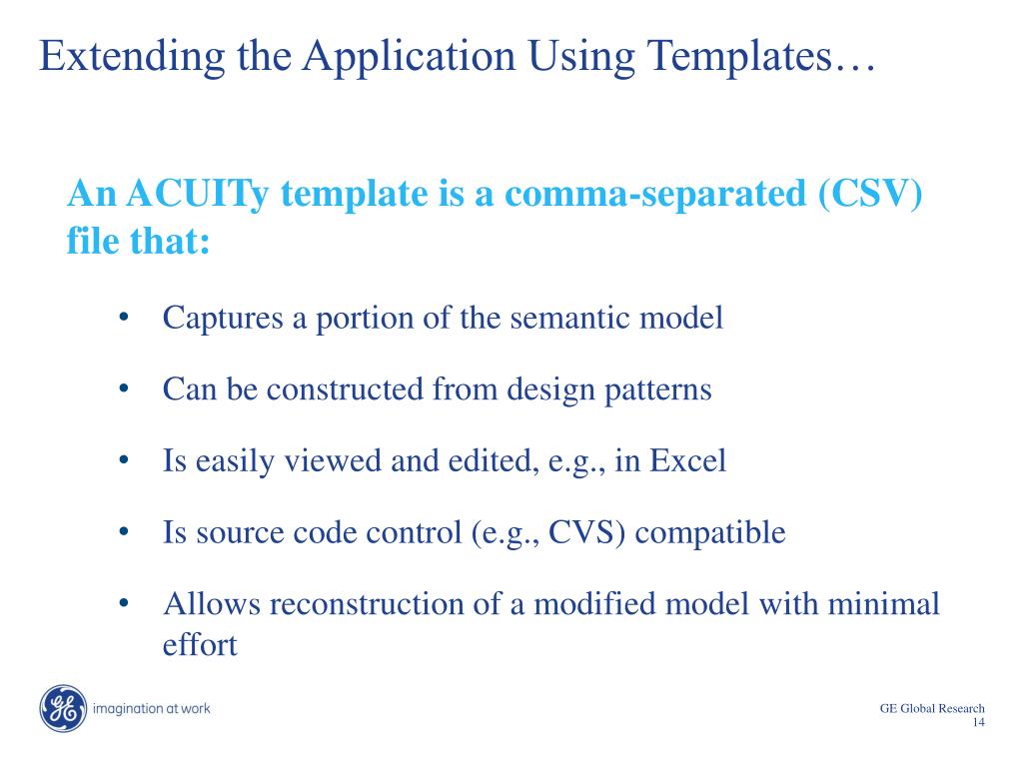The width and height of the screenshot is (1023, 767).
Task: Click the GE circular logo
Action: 64,709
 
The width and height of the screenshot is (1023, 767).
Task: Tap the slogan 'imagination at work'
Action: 151,709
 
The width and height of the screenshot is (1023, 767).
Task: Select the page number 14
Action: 978,723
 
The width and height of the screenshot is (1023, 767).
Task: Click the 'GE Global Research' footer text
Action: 932,708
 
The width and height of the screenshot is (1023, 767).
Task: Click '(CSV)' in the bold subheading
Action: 868,194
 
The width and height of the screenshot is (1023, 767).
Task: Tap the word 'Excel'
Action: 688,461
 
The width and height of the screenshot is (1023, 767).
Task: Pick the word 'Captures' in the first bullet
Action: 223,319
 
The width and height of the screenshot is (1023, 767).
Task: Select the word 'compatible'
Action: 710,532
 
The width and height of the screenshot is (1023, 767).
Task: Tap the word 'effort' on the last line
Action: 199,645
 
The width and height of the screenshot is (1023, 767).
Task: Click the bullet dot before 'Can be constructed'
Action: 125,388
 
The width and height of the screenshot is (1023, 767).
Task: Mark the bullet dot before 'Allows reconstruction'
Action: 125,603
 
